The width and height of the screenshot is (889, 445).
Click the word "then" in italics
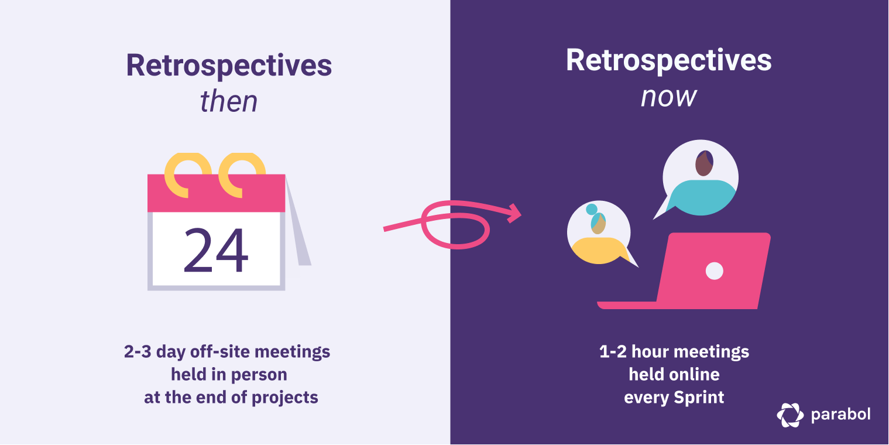coord(229,101)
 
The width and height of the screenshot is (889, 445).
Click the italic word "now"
coord(668,97)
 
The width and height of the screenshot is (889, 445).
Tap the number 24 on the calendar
coord(216,251)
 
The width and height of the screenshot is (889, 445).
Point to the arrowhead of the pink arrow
coord(515,213)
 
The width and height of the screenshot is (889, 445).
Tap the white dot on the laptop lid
coord(714,271)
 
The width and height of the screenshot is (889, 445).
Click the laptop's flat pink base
coord(626,305)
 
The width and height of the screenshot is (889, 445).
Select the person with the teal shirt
coord(701,184)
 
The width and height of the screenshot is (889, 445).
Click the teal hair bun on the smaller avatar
coord(592,209)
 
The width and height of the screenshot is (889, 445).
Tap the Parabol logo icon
coord(790,415)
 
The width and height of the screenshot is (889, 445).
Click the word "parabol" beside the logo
coord(840,415)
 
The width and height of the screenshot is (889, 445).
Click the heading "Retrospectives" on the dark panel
coord(668,60)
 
